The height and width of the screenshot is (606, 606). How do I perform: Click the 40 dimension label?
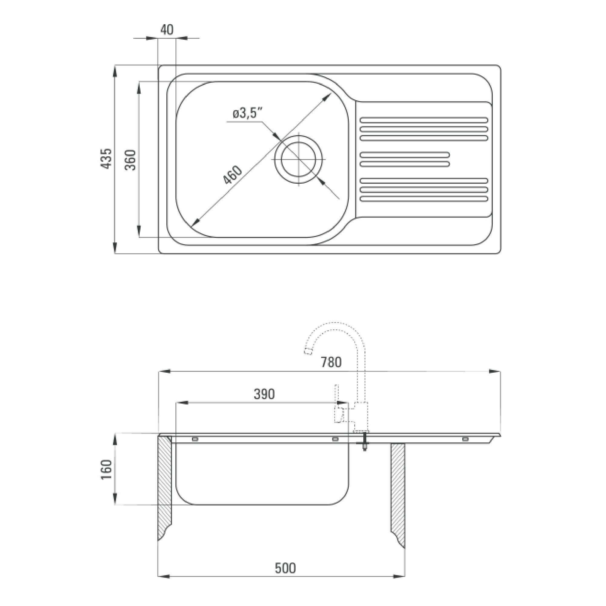click(167, 30)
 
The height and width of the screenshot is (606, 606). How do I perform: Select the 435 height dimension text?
click(106, 159)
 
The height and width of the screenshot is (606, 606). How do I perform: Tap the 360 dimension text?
click(131, 160)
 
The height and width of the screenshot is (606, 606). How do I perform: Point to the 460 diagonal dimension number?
click(232, 175)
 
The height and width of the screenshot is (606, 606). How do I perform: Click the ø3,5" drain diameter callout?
click(248, 113)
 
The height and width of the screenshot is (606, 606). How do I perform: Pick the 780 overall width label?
click(331, 362)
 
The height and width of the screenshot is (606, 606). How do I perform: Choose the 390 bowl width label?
click(264, 394)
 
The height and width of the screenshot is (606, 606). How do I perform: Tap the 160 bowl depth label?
click(107, 470)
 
